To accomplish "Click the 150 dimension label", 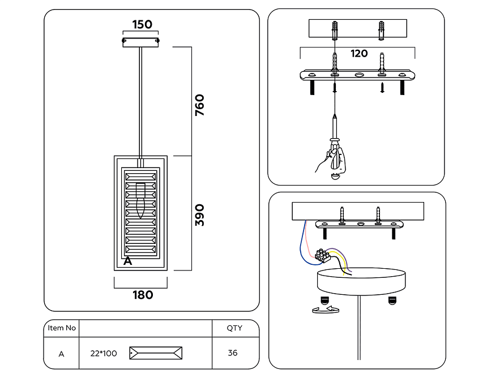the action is [142, 24].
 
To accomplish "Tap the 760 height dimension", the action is [200, 105].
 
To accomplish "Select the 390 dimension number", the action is [200, 215].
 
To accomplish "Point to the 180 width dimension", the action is [143, 295].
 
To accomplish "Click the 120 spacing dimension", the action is [359, 53].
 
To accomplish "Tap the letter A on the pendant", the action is [127, 261].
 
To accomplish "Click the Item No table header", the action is [62, 328].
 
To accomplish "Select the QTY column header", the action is [234, 328].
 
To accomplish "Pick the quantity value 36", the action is [233, 353].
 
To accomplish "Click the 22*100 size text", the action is [104, 354].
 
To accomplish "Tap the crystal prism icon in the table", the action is [156, 353].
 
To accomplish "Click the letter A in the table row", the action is [62, 354].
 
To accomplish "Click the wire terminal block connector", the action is [322, 255].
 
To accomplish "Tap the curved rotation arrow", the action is [326, 310].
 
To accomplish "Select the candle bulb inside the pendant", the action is [140, 200].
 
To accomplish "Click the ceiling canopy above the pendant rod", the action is [140, 42].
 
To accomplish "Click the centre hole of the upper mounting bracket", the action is [359, 75].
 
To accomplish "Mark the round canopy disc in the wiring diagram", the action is [361, 281].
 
